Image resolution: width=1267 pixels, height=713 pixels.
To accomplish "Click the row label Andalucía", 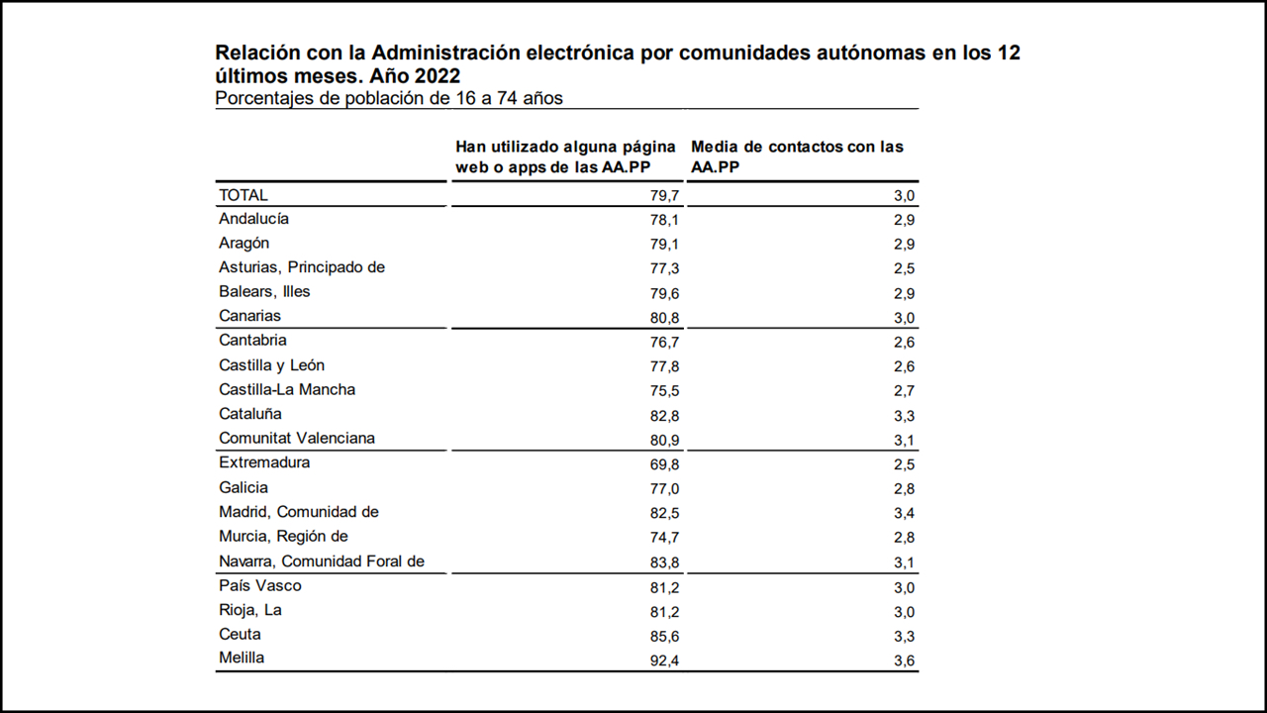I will [x=253, y=219].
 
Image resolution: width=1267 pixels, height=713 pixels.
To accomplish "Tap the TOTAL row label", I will [x=244, y=195].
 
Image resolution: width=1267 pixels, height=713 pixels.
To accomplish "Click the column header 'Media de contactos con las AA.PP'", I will [x=797, y=156].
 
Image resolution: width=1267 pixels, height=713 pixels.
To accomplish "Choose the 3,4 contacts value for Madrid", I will [x=903, y=513].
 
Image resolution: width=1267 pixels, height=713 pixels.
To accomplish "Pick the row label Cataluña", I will [x=250, y=414].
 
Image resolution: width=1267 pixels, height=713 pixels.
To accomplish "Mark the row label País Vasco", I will [x=260, y=585].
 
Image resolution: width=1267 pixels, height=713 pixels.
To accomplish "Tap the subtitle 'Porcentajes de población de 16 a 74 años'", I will [x=389, y=98].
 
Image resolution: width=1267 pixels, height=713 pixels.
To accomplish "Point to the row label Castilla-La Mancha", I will [x=287, y=389].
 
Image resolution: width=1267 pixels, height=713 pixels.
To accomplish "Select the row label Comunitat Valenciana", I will [x=297, y=439].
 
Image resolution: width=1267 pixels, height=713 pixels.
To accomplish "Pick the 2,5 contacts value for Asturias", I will [x=903, y=268].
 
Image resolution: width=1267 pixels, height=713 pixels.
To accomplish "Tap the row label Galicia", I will [x=244, y=487].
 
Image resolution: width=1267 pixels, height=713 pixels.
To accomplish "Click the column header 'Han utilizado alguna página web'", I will [x=566, y=156].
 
